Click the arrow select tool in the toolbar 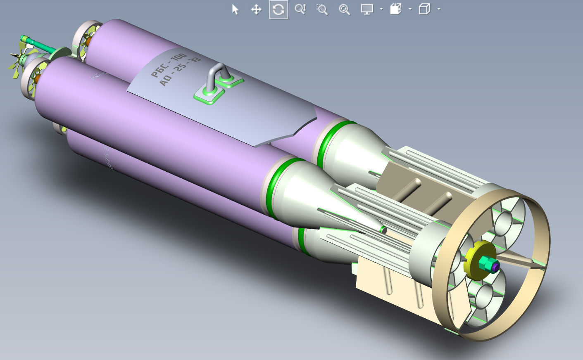(x=236, y=9)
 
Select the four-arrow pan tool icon (x=256, y=9)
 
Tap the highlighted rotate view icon (x=278, y=9)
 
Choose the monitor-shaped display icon (x=366, y=9)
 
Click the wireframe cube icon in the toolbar (x=424, y=9)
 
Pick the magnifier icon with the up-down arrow (x=300, y=9)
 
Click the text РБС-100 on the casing (x=169, y=65)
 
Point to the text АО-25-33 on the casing (x=180, y=72)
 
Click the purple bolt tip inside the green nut (x=495, y=267)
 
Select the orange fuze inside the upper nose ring (x=88, y=42)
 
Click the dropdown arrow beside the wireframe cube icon (x=438, y=9)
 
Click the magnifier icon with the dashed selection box (x=322, y=9)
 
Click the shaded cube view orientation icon (x=395, y=9)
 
